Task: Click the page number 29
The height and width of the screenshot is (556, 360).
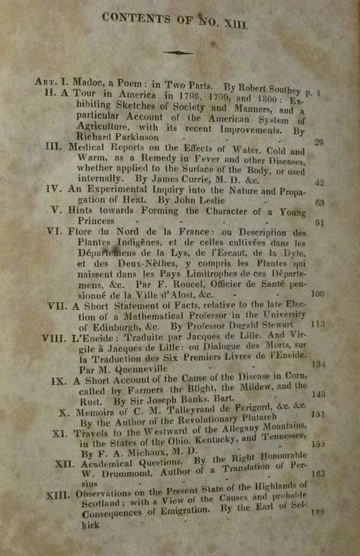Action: click(318, 142)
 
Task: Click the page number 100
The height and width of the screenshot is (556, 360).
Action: click(318, 294)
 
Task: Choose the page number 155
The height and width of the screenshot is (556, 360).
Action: click(319, 444)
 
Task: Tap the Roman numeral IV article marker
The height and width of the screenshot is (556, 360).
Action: click(54, 188)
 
